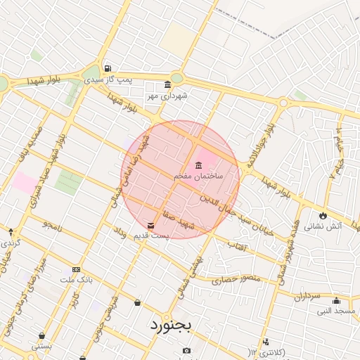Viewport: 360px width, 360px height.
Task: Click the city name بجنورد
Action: [x=170, y=326]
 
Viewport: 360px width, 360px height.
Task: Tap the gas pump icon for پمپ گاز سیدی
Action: [x=106, y=69]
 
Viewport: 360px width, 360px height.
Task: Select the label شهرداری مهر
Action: [x=166, y=95]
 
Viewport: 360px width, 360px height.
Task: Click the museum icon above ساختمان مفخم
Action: [x=198, y=165]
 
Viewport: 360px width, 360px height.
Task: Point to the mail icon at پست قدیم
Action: [x=151, y=226]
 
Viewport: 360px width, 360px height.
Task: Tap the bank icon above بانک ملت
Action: [x=76, y=269]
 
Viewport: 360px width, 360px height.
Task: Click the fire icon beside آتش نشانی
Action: [x=322, y=215]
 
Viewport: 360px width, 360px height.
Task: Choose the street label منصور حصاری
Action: [x=241, y=279]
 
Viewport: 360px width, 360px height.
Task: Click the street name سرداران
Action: [x=307, y=297]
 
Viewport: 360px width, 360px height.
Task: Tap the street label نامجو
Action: [x=53, y=225]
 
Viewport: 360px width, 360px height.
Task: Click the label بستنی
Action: [x=42, y=346]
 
